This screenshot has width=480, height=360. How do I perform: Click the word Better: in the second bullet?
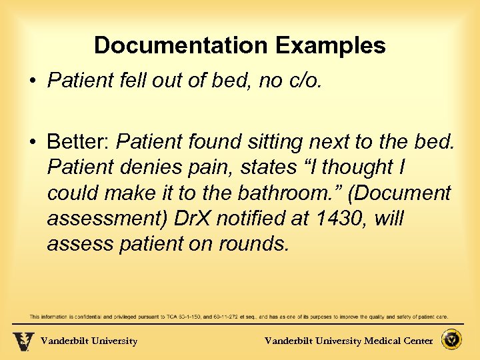(x=79, y=141)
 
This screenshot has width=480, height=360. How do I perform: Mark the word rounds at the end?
(x=254, y=244)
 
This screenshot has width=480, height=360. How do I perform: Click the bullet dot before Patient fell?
(x=32, y=81)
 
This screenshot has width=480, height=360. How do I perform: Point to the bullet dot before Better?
(x=32, y=142)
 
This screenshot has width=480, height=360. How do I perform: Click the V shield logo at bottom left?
(x=23, y=341)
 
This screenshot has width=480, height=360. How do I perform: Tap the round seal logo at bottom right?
(x=453, y=340)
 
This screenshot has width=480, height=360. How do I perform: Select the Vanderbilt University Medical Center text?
(x=349, y=341)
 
